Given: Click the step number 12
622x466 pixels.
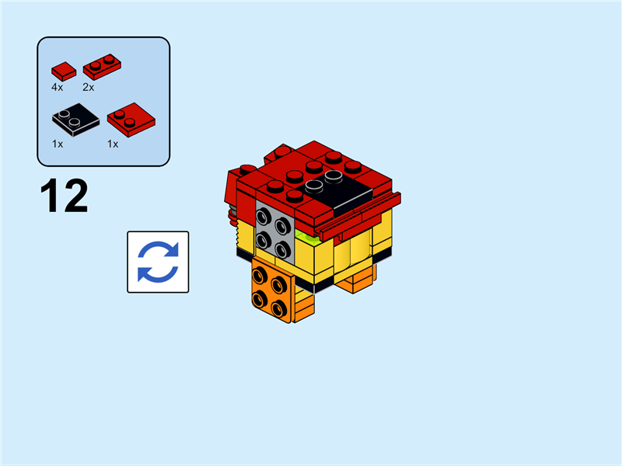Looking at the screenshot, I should pyautogui.click(x=64, y=196).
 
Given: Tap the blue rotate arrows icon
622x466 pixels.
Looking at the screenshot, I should pyautogui.click(x=158, y=262).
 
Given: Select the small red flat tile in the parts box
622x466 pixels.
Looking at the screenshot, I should pyautogui.click(x=64, y=69).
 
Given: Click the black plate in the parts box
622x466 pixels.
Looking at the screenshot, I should pyautogui.click(x=75, y=120).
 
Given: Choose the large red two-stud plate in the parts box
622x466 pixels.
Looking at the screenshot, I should pyautogui.click(x=131, y=120).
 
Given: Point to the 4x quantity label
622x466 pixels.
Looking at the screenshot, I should pyautogui.click(x=58, y=87).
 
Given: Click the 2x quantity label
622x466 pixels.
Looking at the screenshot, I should pyautogui.click(x=89, y=87).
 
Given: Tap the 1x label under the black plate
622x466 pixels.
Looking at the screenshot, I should pyautogui.click(x=58, y=144).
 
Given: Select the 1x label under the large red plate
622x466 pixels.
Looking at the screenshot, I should pyautogui.click(x=113, y=144).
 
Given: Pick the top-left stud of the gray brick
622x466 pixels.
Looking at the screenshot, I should pyautogui.click(x=264, y=214).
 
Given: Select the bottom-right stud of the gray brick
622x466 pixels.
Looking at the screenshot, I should pyautogui.click(x=281, y=249).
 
